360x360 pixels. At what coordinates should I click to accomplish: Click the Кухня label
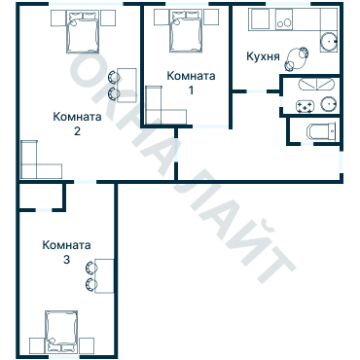click(x=264, y=56)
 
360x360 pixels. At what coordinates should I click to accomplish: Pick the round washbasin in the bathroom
click(x=328, y=103)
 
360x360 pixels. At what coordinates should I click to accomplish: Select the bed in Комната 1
click(x=184, y=34)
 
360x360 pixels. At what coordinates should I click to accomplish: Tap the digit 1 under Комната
click(x=190, y=90)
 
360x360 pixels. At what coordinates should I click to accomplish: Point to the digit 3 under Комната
click(x=66, y=261)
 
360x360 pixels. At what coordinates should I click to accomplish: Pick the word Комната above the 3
click(x=66, y=246)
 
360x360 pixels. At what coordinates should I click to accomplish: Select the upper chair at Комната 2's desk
click(x=115, y=77)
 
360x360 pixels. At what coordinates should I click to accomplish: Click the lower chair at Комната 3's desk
click(x=90, y=284)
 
